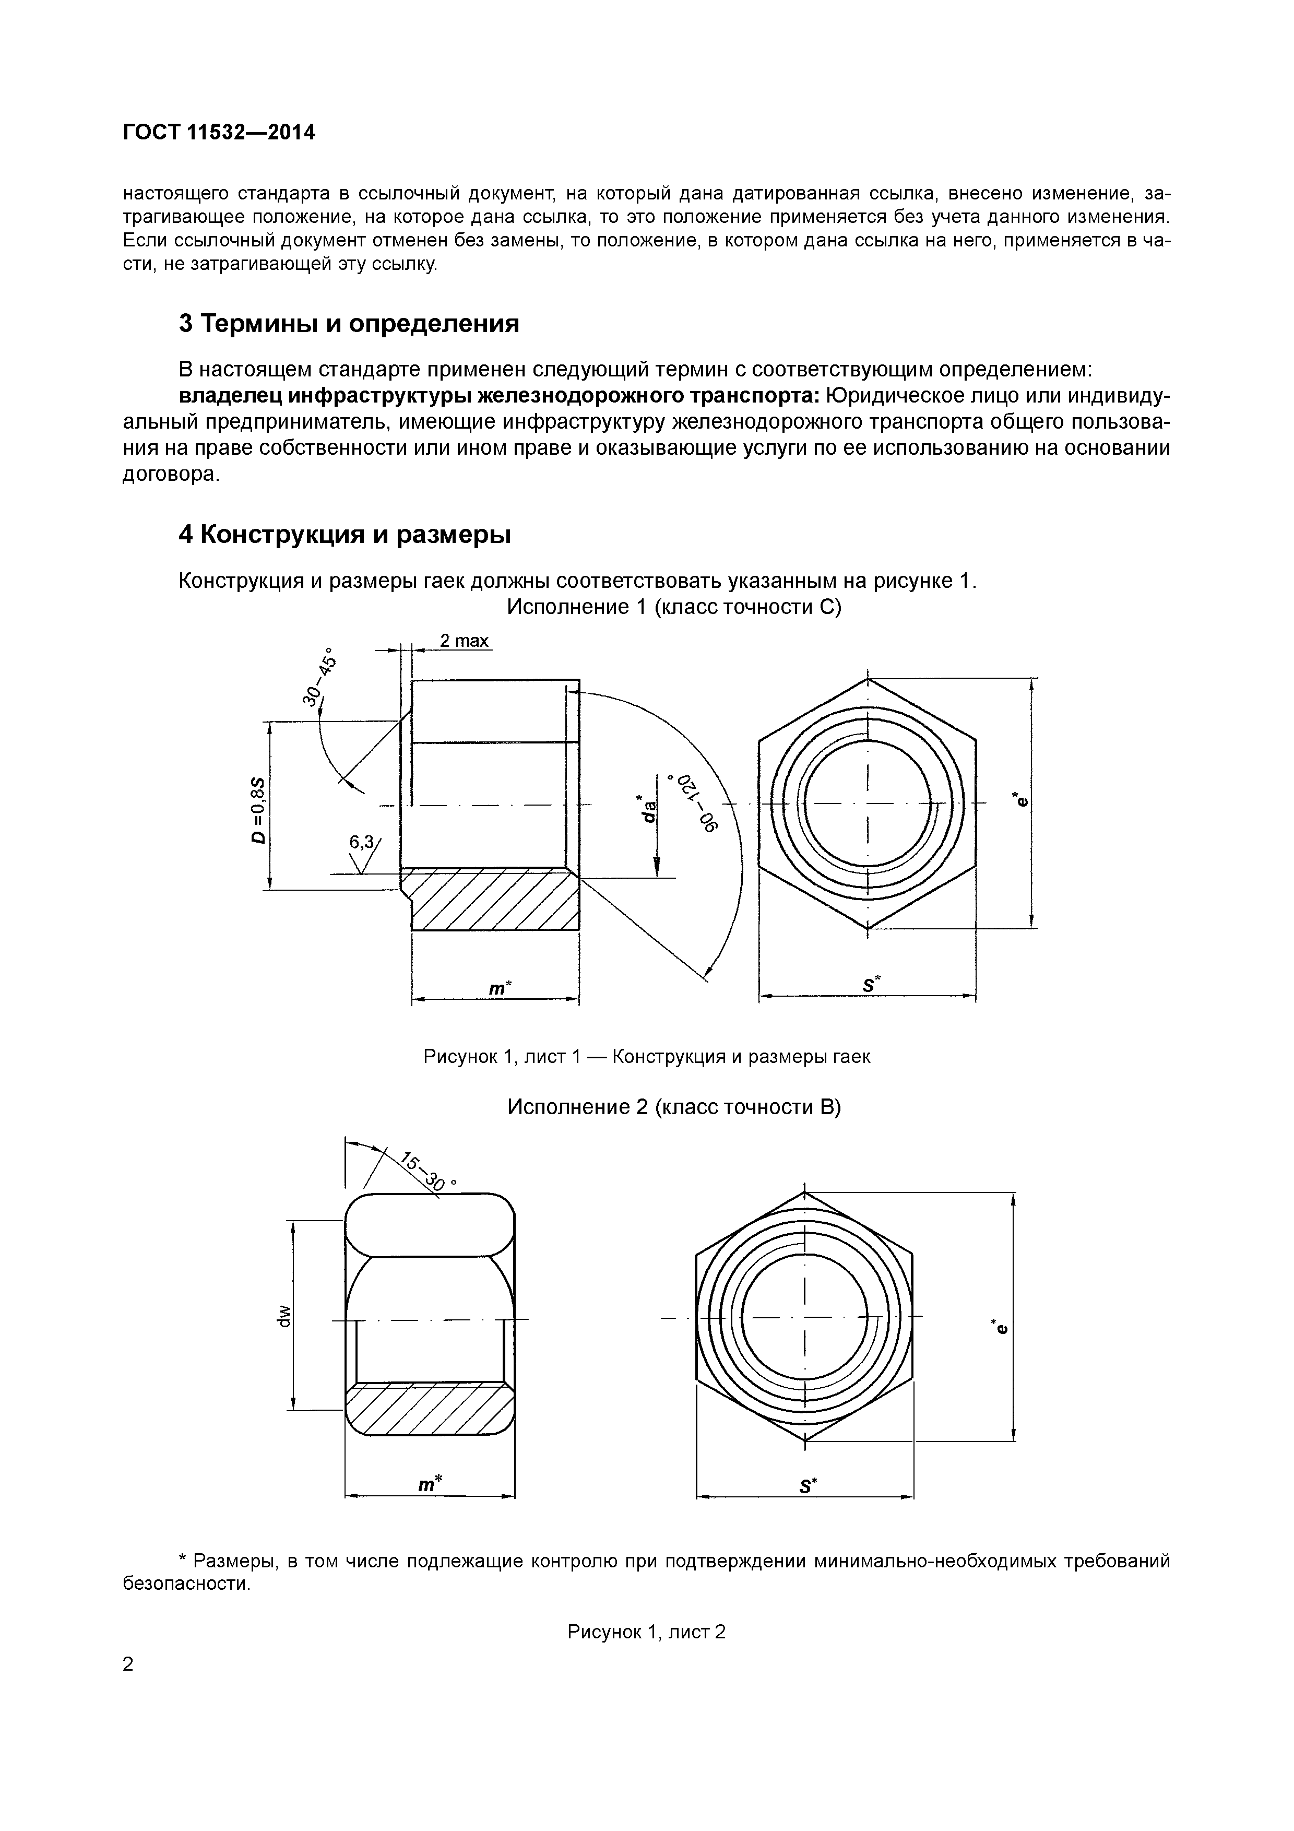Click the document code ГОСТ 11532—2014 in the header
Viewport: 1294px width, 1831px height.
(x=219, y=133)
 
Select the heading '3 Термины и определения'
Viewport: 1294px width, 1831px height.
(x=348, y=324)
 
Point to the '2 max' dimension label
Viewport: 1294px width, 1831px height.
(x=464, y=641)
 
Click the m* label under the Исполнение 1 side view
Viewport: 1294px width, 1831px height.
(x=499, y=988)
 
